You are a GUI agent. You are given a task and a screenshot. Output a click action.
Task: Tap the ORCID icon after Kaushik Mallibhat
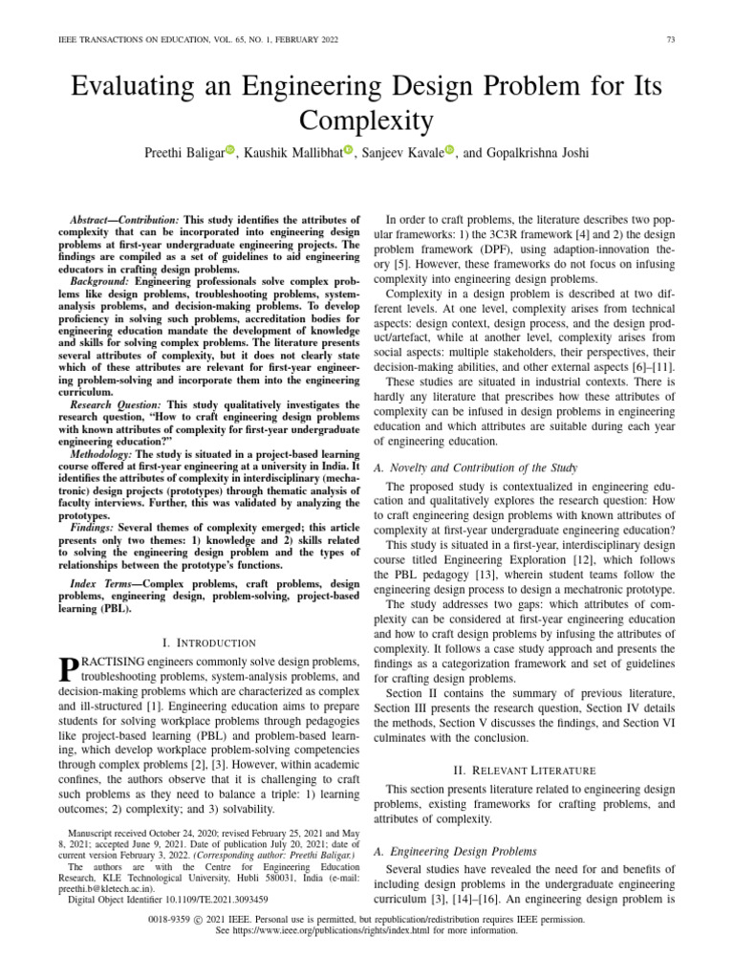[x=348, y=151]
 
